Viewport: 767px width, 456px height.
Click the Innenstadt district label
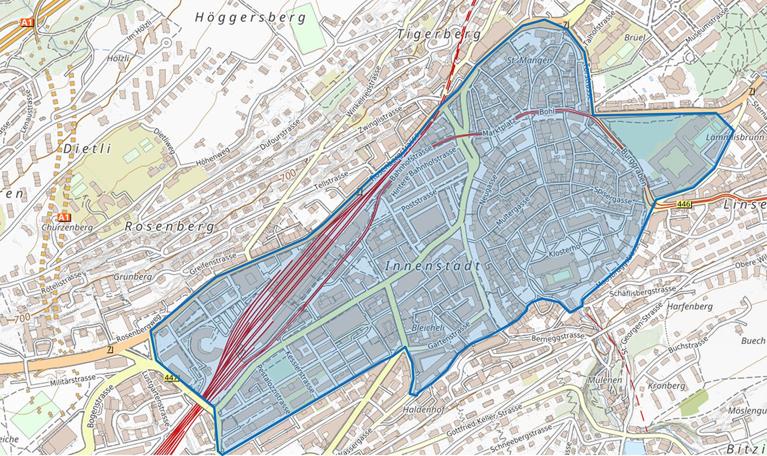(x=433, y=266)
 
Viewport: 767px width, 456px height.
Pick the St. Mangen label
(x=529, y=60)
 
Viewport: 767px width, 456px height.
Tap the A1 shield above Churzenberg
(x=63, y=216)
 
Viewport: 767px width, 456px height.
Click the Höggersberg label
(x=250, y=17)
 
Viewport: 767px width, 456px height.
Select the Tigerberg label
(x=439, y=34)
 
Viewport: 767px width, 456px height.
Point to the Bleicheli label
(x=427, y=327)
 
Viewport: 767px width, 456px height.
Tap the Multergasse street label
(x=512, y=211)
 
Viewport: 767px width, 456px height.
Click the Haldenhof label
(x=423, y=409)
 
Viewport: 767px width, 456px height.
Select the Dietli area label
(x=87, y=149)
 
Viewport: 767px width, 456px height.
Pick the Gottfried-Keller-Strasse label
(x=484, y=420)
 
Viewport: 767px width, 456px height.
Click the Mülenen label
(x=604, y=380)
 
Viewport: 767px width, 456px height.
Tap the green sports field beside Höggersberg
(x=306, y=28)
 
